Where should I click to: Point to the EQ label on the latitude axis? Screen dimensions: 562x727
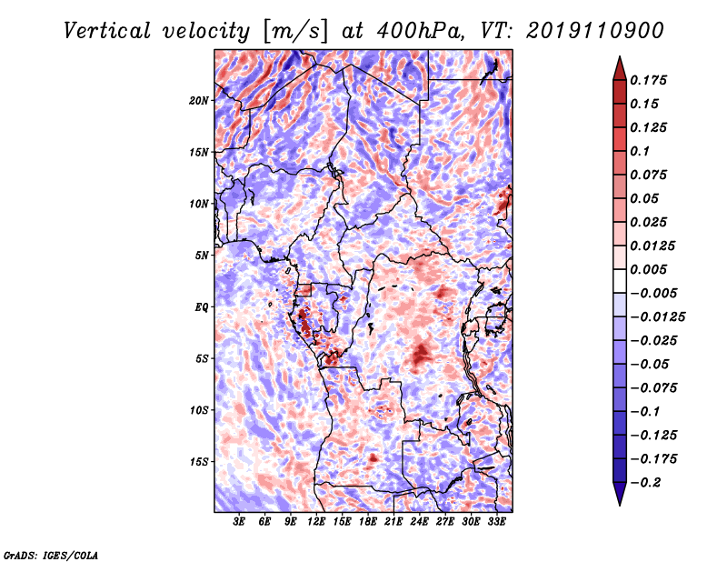point(202,307)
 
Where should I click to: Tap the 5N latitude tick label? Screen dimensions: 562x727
point(202,256)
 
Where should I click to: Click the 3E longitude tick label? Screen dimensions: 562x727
point(240,522)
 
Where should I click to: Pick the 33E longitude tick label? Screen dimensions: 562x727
point(496,522)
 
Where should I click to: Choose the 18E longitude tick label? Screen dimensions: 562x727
point(368,522)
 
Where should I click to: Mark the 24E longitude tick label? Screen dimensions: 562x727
point(419,522)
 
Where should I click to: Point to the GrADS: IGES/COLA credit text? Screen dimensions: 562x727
point(51,554)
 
